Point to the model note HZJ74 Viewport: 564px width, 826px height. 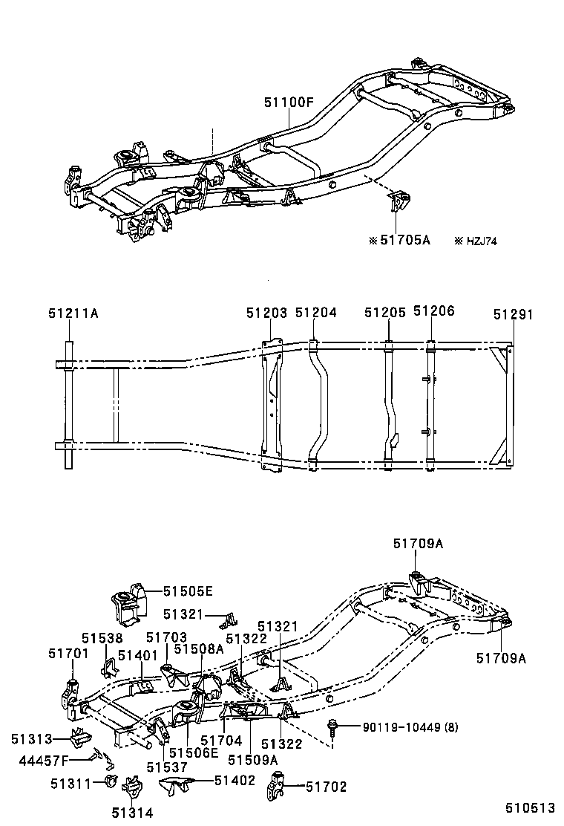478,240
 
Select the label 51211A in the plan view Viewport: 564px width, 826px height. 73,313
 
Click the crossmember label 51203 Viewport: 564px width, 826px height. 266,313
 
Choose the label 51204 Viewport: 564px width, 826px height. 315,313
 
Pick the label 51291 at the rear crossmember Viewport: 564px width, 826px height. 513,313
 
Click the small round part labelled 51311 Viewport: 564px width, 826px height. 111,781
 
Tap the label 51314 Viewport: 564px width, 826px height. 132,813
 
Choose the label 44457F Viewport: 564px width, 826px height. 65,759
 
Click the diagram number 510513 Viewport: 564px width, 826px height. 531,808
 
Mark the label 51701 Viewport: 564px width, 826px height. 68,653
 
